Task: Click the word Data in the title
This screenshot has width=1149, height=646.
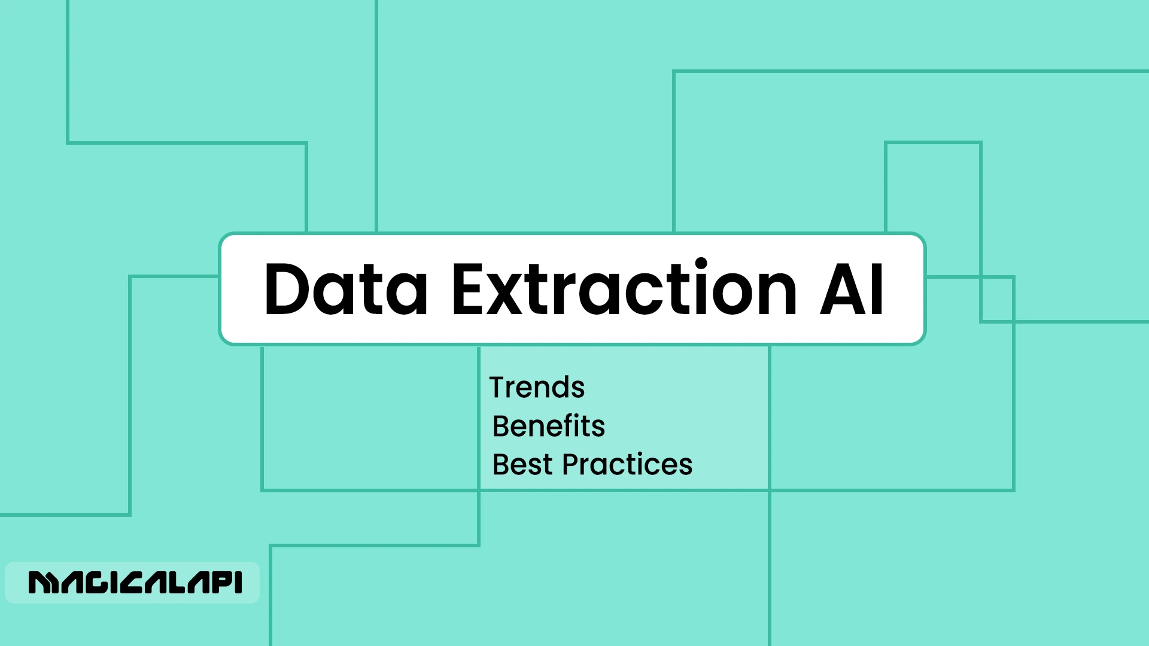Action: [x=345, y=290]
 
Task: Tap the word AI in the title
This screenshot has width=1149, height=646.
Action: [x=852, y=290]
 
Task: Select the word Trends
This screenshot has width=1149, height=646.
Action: [x=537, y=388]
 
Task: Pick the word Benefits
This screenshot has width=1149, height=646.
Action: [x=548, y=426]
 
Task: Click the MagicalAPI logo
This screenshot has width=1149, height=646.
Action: [x=135, y=583]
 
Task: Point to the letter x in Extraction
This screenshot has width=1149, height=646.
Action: [x=506, y=296]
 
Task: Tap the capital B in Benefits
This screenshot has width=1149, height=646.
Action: [x=501, y=426]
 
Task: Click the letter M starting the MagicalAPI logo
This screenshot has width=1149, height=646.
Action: [x=42, y=583]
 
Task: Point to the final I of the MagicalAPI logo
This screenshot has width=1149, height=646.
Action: [x=239, y=583]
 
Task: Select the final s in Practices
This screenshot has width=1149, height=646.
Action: [x=686, y=467]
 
